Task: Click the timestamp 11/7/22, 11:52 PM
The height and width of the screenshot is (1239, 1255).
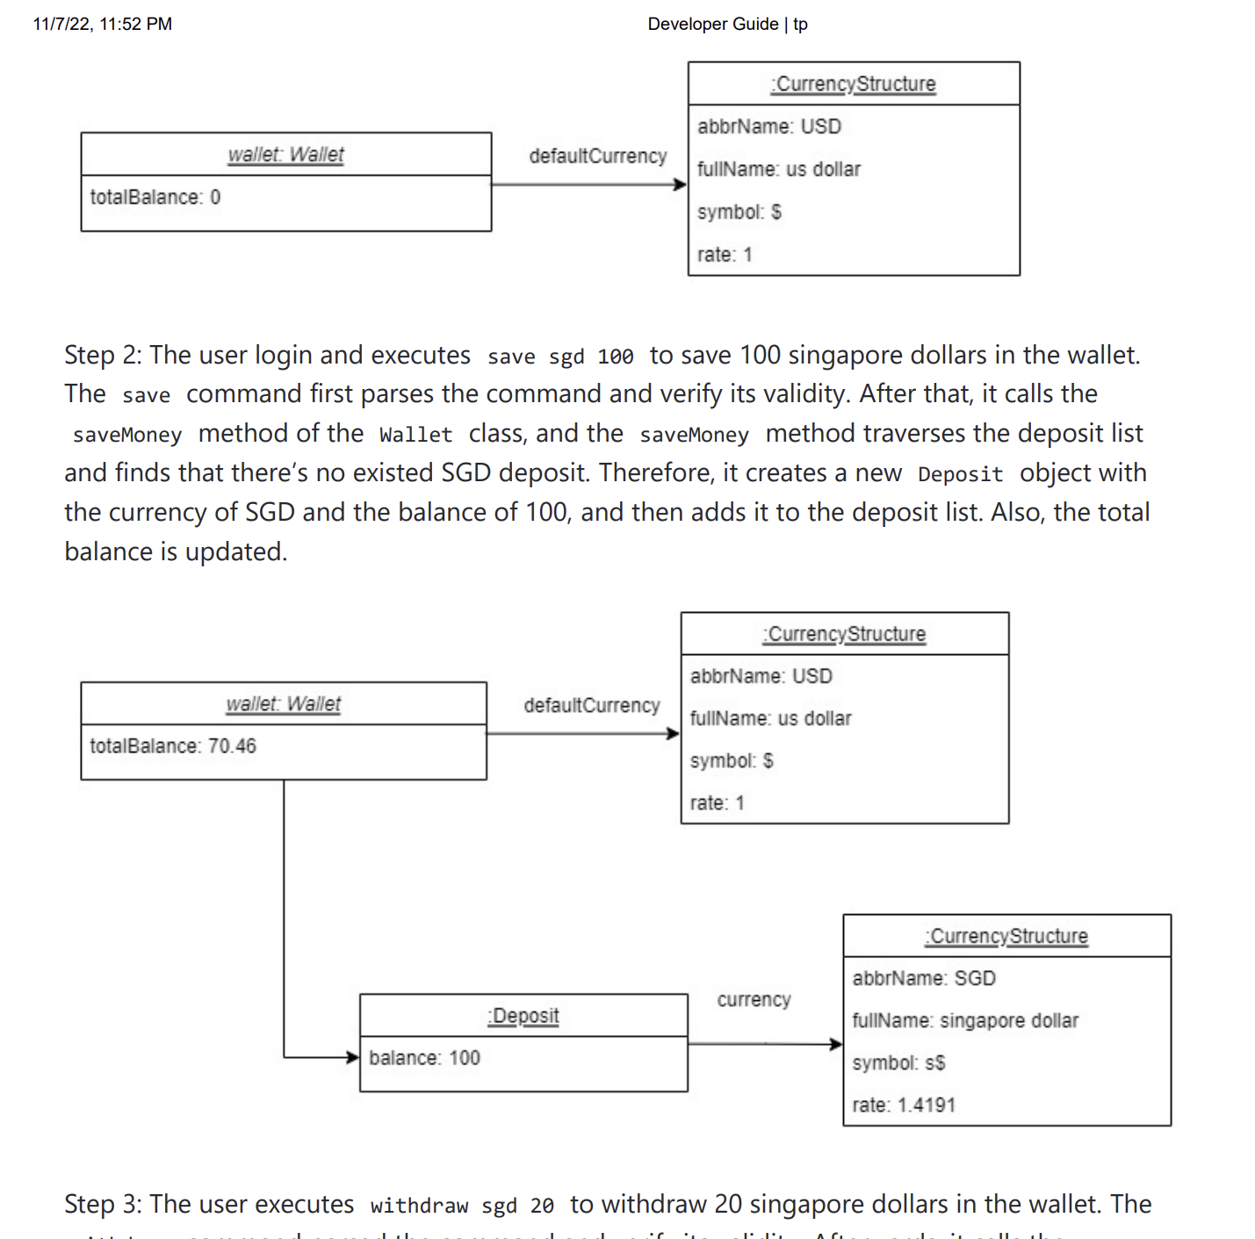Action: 102,24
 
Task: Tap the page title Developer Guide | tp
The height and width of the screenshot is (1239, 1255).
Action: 727,24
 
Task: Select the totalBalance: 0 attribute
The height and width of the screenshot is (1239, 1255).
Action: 155,198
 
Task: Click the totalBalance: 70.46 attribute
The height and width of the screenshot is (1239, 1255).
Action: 172,746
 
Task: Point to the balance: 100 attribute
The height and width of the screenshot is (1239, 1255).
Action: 424,1058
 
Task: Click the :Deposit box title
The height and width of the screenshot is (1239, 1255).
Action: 523,1016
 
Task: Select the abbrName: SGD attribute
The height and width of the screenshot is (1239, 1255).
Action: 923,978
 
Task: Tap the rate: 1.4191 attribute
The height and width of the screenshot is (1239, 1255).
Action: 903,1106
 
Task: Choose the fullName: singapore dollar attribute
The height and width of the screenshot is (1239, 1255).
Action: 964,1020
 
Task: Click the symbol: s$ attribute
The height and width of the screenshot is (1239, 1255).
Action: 898,1063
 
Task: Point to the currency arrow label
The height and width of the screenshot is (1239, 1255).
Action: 754,1000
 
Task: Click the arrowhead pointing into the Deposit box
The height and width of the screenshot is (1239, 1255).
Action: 353,1057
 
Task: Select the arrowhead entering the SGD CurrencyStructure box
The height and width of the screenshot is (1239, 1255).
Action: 836,1044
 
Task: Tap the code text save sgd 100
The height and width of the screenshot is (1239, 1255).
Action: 559,357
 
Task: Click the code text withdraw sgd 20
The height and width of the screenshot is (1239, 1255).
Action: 461,1206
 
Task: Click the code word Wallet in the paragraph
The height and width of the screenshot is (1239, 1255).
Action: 415,435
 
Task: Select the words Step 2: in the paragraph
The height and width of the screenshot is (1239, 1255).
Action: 102,355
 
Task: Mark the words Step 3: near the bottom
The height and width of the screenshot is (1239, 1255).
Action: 102,1204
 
